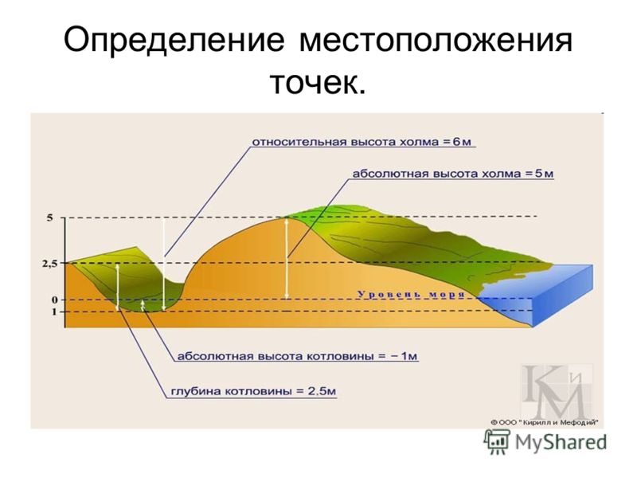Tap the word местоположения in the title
click(436, 41)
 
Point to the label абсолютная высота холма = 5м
click(452, 174)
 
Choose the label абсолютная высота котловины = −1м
click(297, 356)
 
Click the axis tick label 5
click(49, 217)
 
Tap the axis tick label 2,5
click(50, 264)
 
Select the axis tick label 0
click(54, 300)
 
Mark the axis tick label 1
click(54, 312)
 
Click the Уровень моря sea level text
click(411, 294)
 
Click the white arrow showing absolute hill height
click(287, 258)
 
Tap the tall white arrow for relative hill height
click(163, 265)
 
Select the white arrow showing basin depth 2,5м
click(117, 287)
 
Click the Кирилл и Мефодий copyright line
click(545, 423)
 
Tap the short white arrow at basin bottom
click(143, 306)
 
